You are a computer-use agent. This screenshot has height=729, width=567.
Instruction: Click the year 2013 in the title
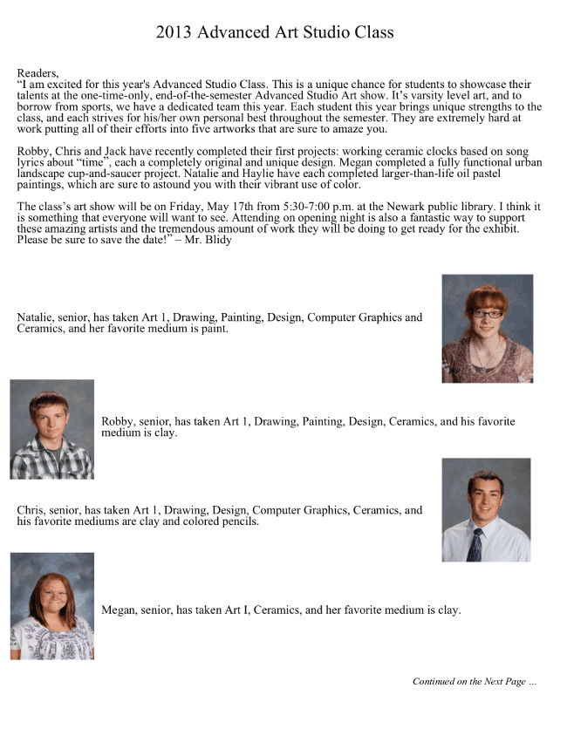click(x=174, y=33)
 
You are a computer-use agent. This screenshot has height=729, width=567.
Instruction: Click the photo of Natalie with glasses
click(x=487, y=329)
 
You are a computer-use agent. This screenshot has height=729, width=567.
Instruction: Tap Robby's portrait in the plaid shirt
click(x=51, y=429)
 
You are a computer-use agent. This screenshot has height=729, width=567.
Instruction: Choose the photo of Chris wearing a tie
click(x=486, y=510)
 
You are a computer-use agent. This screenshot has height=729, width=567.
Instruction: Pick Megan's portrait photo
click(x=51, y=605)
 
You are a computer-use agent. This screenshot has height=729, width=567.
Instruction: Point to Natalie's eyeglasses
click(x=488, y=313)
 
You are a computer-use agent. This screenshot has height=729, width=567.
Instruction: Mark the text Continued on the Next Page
click(x=474, y=681)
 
